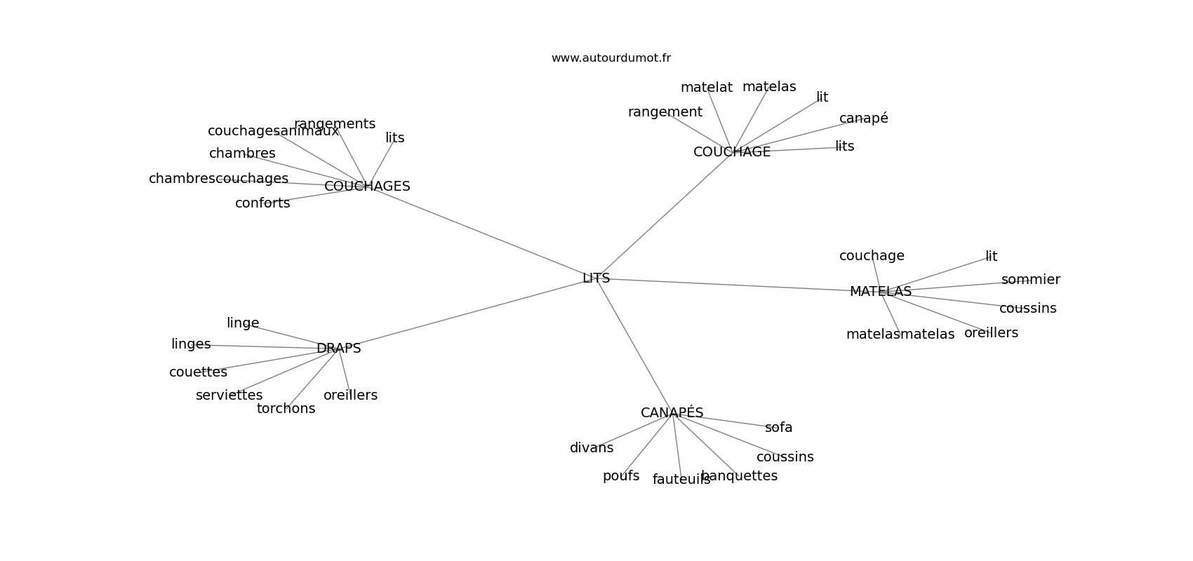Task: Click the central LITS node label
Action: [596, 278]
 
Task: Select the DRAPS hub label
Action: [338, 349]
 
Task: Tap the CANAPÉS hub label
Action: [672, 413]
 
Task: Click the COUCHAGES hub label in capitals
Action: [367, 187]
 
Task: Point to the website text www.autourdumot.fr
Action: [611, 58]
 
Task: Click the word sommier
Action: [1030, 280]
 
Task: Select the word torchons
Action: [286, 409]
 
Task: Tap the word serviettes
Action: [229, 396]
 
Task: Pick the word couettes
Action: [198, 372]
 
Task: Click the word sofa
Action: [778, 428]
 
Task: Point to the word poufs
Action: [621, 476]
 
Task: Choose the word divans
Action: [592, 448]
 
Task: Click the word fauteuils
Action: [681, 480]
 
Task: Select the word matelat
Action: [706, 88]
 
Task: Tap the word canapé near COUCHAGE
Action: [863, 119]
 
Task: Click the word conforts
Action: [262, 203]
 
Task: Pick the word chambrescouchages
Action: [218, 179]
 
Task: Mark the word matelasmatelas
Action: [900, 334]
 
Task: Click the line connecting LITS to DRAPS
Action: [467, 313]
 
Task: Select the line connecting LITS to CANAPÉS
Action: [634, 346]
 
